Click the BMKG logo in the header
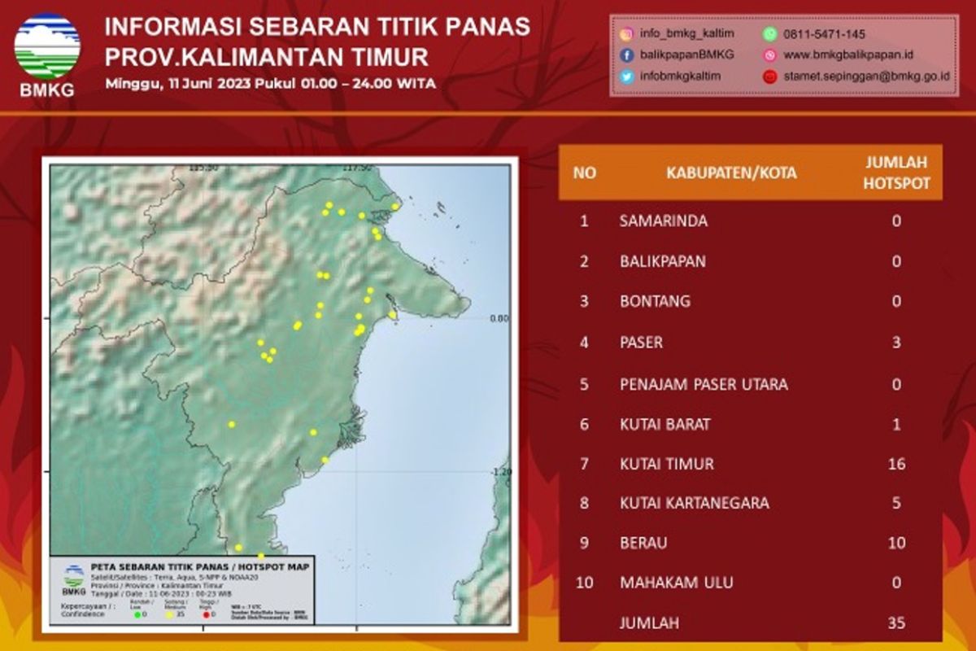[x=47, y=50]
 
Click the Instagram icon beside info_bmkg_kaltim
[x=627, y=34]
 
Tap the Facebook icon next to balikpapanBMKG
[x=627, y=55]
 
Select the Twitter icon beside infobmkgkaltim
[x=627, y=76]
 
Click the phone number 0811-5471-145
[x=824, y=34]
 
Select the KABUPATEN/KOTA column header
[x=731, y=173]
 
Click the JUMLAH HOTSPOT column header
[x=895, y=173]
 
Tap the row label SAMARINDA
[x=663, y=221]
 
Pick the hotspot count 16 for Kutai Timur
[x=896, y=464]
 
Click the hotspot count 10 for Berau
[x=896, y=543]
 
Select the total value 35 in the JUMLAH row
[x=896, y=624]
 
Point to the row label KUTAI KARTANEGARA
[x=694, y=504]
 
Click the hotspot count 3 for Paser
[x=896, y=343]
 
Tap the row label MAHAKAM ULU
[x=676, y=583]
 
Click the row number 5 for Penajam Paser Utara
[x=584, y=383]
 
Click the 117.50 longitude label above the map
[x=355, y=167]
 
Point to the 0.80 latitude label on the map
[x=499, y=318]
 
